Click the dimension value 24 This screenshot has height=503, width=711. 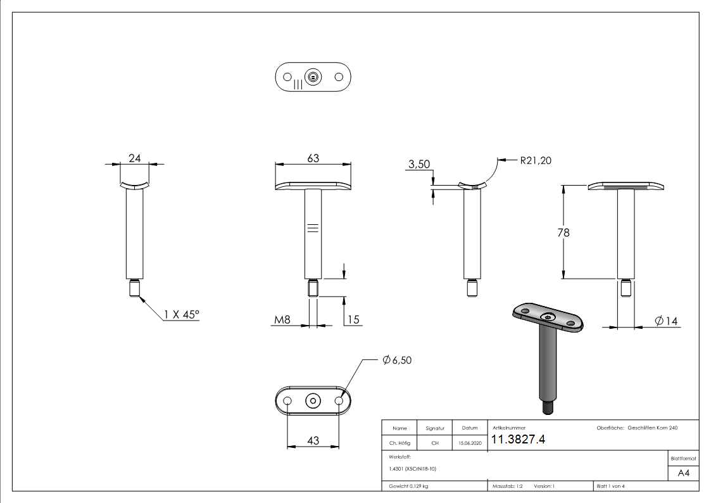click(x=134, y=159)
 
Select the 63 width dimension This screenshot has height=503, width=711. click(x=313, y=158)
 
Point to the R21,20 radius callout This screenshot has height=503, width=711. click(x=535, y=161)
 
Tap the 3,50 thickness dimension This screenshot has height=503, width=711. click(x=418, y=165)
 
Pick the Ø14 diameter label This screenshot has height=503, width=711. click(x=666, y=322)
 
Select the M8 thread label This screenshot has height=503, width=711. click(x=282, y=321)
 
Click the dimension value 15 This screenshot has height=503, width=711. click(x=353, y=321)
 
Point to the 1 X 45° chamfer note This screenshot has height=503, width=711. click(x=182, y=314)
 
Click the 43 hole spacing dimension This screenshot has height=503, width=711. click(x=313, y=441)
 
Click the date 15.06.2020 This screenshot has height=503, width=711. click(x=469, y=443)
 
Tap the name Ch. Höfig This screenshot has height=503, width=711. click(x=400, y=443)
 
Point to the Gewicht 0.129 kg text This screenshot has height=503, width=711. click(x=408, y=487)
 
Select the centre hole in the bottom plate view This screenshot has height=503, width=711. click(x=313, y=401)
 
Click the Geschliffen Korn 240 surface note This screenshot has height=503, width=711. click(x=652, y=428)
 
